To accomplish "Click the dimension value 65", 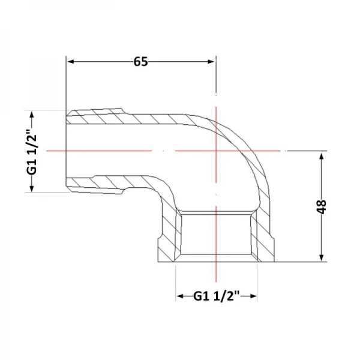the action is click(141, 62).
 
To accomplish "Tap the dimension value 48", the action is click(322, 206).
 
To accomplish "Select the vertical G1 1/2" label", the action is click(32, 151).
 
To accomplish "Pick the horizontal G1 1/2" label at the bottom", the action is click(217, 296).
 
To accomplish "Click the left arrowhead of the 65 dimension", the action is click(70, 62).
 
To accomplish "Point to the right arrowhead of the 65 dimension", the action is click(211, 62).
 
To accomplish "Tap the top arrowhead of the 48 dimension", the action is click(322, 156).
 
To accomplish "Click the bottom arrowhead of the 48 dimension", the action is click(322, 257).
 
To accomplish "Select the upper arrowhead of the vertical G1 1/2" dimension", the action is click(32, 115).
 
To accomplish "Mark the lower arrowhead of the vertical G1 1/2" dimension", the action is click(32, 188).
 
